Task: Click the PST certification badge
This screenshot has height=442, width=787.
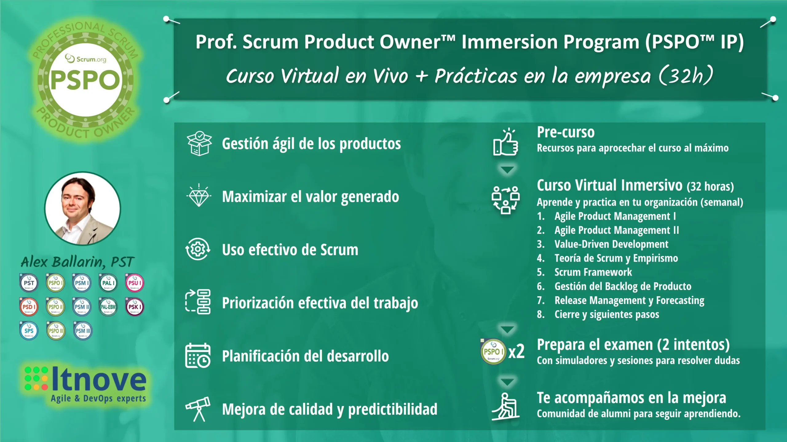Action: click(x=29, y=283)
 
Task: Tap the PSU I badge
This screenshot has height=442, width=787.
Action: click(x=135, y=283)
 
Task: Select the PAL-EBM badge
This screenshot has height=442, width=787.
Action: click(x=108, y=307)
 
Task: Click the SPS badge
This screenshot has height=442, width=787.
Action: click(x=29, y=331)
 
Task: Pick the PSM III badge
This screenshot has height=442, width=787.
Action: click(x=83, y=331)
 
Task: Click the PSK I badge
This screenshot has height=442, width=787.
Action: click(x=135, y=307)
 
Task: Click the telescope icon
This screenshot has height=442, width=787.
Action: click(x=198, y=408)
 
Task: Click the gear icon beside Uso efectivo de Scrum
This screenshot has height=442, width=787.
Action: click(x=198, y=249)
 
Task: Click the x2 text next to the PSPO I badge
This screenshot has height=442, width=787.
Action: click(x=516, y=351)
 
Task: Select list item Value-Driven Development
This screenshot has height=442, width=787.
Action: click(x=611, y=244)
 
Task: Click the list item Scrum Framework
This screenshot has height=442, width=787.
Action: click(x=593, y=272)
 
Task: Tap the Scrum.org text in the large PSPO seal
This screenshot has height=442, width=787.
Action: click(x=91, y=59)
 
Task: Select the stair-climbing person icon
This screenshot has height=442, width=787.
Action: click(x=506, y=406)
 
